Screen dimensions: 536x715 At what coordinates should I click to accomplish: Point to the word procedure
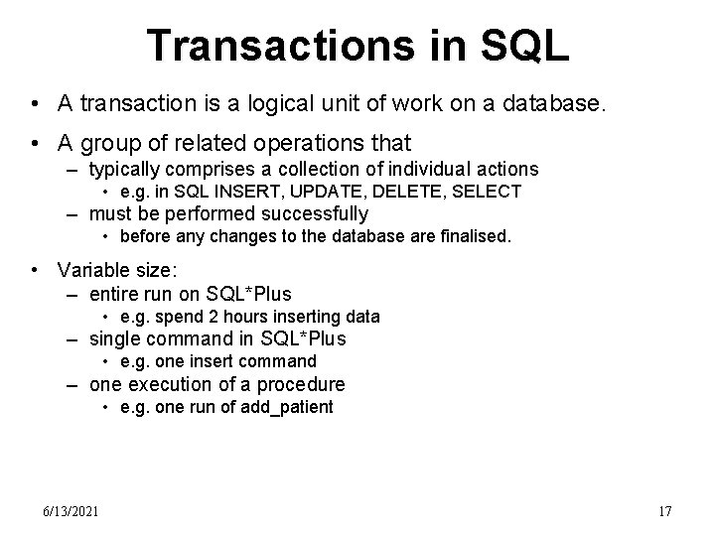tap(298, 384)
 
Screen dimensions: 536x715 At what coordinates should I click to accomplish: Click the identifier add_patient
tap(287, 407)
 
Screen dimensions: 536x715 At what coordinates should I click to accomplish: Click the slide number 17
tap(665, 511)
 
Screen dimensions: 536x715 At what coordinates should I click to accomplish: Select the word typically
tap(125, 169)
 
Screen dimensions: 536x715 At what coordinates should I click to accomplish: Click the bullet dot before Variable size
tap(37, 271)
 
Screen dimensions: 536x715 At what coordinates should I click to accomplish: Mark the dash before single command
tap(72, 338)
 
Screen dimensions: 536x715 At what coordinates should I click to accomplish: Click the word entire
tap(115, 294)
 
